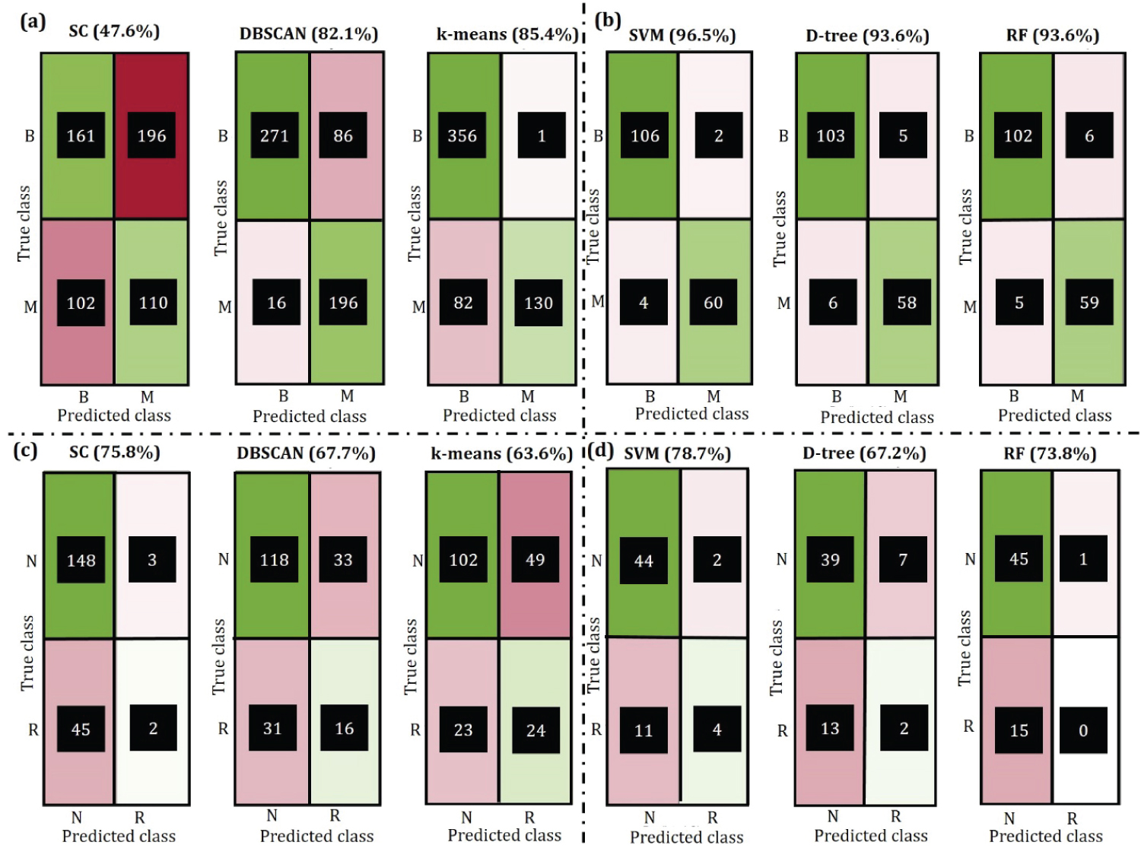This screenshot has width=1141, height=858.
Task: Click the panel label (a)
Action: pos(33,21)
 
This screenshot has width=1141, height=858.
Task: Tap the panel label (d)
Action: pos(601,450)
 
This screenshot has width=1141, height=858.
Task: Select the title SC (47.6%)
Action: pos(114,31)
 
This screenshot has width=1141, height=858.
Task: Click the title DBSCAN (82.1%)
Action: pos(309,33)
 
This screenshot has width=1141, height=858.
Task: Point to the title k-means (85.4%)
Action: pos(507,34)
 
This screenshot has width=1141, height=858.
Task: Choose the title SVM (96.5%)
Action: pos(682,35)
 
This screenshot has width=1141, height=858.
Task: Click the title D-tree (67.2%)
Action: pos(864,453)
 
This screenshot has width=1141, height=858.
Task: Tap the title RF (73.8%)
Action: pos(1050,454)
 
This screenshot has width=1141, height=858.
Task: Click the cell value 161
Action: pos(81,136)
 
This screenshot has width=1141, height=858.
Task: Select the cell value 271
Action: pos(275,136)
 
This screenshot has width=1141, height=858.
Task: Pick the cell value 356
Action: pos(462,136)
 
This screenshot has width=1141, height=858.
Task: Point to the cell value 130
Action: pos(539,303)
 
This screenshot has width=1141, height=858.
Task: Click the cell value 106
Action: pos(645,136)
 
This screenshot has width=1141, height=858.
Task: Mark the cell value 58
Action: pos(907,303)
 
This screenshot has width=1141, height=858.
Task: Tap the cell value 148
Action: pos(81,561)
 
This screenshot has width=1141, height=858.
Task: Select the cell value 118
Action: pos(275,560)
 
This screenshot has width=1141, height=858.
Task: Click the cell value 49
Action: pos(536,560)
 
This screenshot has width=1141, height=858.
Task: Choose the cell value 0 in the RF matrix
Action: pos(1083,730)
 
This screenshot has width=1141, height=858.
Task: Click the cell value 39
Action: pos(830,560)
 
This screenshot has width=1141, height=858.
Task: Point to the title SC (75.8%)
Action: pos(114,453)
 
